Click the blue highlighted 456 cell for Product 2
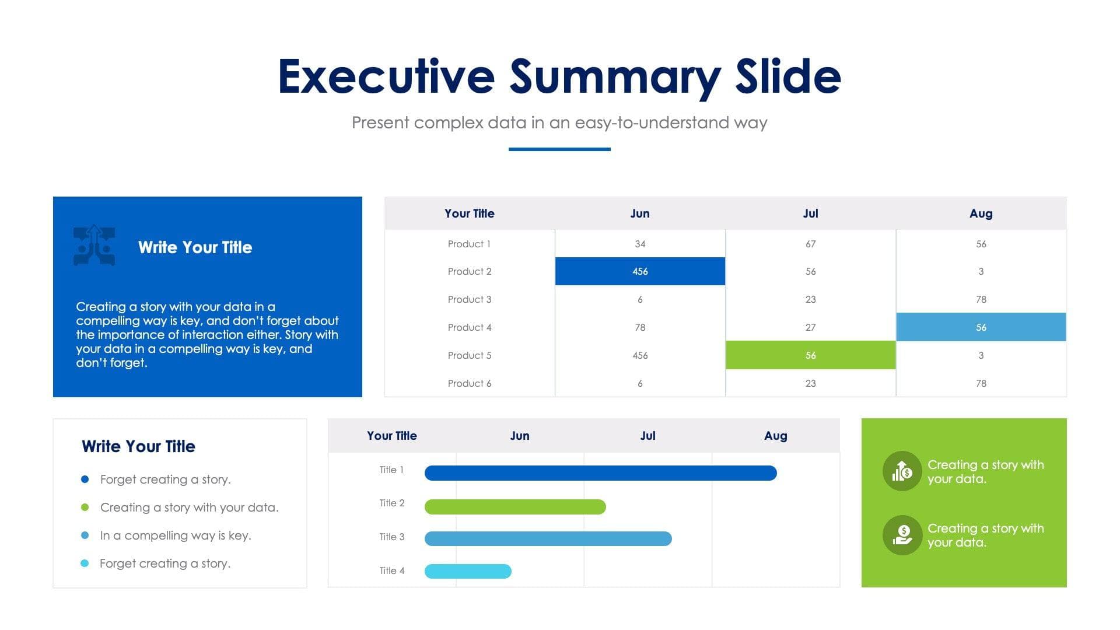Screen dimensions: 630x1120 tap(640, 271)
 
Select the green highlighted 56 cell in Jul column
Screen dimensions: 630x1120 tap(810, 355)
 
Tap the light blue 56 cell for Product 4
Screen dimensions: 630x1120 tap(981, 327)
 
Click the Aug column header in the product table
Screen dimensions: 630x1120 tap(981, 213)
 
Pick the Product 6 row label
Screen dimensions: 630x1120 tap(469, 383)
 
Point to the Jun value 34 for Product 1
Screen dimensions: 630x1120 tap(640, 244)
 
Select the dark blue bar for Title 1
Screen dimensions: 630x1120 tap(600, 473)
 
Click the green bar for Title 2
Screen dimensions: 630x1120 tap(515, 507)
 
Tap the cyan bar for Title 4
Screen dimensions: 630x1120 tap(468, 571)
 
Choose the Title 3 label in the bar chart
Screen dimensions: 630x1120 tap(391, 537)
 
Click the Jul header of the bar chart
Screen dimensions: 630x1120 tap(647, 436)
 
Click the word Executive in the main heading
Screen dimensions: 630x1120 tap(386, 76)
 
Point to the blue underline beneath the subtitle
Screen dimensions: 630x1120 tap(559, 149)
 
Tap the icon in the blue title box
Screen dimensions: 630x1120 tap(94, 246)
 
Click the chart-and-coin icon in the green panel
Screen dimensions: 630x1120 tap(902, 471)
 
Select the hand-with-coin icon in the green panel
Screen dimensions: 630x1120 tap(902, 535)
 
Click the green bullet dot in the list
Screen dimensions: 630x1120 tap(85, 508)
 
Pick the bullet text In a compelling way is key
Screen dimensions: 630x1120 tap(176, 535)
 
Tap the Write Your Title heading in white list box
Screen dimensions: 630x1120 tap(138, 446)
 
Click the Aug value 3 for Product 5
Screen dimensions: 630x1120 tap(981, 355)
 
